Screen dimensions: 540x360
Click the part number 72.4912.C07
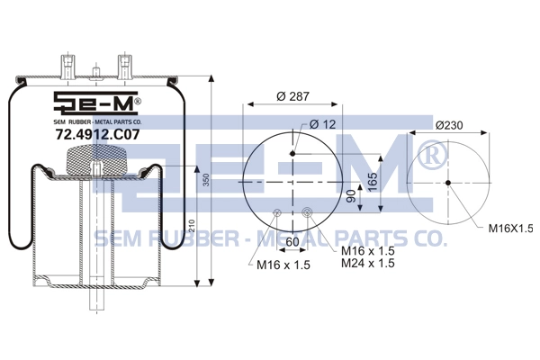[97, 134]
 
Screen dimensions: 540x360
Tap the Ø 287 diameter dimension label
[292, 96]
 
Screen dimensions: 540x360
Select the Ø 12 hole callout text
[322, 124]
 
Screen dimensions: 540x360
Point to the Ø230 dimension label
[449, 125]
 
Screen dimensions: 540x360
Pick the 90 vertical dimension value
[351, 196]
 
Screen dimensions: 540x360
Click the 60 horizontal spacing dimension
[292, 242]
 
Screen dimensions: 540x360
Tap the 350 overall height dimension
[205, 180]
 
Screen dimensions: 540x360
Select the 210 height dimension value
[193, 227]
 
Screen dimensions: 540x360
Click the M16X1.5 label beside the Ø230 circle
[510, 228]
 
